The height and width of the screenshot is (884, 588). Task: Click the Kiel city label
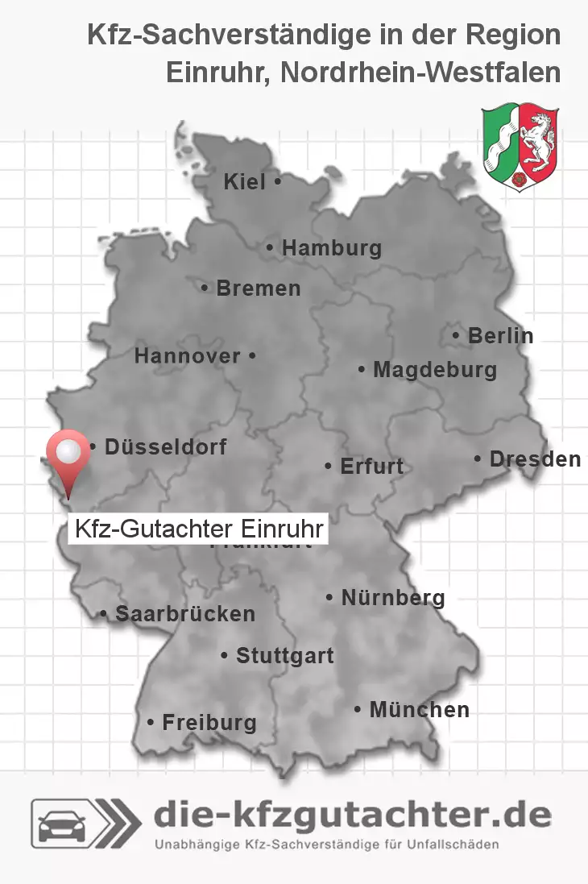[244, 182]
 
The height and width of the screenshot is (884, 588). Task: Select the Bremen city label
[258, 288]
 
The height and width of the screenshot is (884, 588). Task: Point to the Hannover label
[188, 355]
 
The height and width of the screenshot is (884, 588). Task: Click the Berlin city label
[499, 335]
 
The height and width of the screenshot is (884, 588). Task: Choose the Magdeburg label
[434, 370]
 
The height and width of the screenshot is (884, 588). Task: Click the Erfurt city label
[371, 466]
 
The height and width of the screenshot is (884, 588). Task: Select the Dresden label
[534, 459]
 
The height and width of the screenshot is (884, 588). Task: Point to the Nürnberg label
[392, 598]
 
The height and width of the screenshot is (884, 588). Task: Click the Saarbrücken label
[184, 614]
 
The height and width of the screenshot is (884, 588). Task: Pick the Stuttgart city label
[284, 656]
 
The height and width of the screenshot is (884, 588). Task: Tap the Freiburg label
[209, 722]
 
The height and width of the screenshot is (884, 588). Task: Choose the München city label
[419, 710]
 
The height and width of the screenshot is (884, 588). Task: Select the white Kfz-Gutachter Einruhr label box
[198, 529]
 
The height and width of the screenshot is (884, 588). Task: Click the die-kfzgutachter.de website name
[352, 816]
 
